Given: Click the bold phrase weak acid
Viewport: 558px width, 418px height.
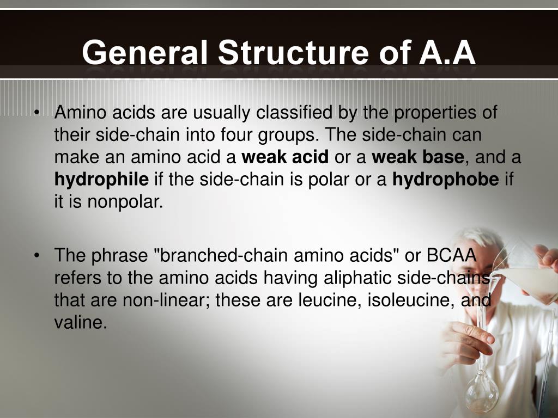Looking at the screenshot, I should [x=285, y=158].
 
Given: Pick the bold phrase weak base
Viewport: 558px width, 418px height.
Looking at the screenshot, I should [x=418, y=158].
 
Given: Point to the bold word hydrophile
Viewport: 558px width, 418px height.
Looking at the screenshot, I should [x=101, y=180].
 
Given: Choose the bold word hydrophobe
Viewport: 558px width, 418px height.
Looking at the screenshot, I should [x=446, y=180].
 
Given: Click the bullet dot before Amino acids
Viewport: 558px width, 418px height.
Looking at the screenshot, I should [x=37, y=113].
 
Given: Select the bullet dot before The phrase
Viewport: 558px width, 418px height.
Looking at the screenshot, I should [x=37, y=255].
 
